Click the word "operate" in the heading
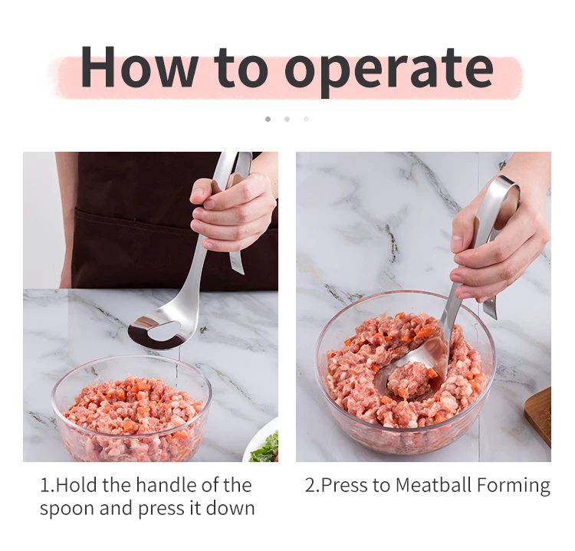(389, 71)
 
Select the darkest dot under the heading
(268, 119)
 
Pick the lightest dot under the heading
(306, 119)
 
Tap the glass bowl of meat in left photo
(132, 408)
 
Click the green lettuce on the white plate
(264, 448)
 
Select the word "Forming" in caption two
(514, 486)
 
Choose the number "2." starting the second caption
(313, 485)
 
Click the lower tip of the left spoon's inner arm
(241, 272)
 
